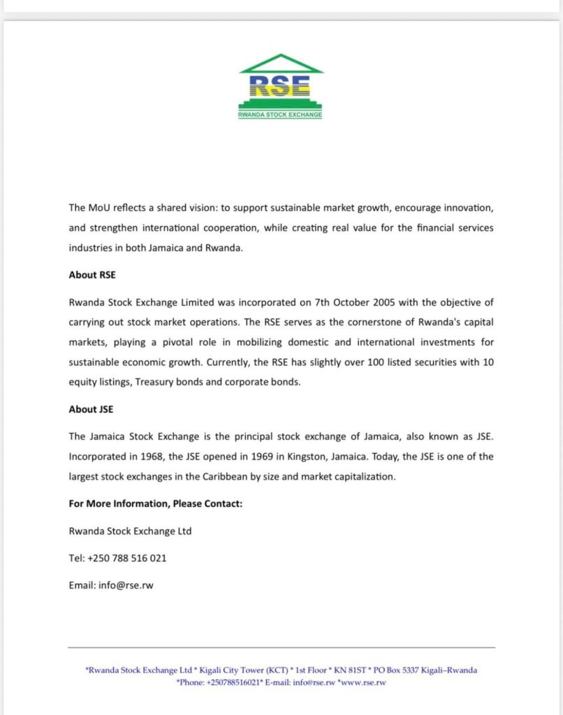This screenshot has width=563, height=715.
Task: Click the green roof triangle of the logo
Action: click(x=281, y=64)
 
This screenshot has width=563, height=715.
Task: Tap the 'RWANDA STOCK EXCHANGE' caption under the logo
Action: click(x=281, y=115)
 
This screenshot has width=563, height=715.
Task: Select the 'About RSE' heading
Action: click(x=92, y=275)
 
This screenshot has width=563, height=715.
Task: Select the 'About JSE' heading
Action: click(x=92, y=410)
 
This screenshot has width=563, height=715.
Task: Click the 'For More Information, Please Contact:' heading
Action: click(x=156, y=503)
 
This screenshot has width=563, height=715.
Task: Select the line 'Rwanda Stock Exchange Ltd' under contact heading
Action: click(x=130, y=531)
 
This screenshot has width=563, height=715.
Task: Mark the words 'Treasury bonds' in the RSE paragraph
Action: click(x=168, y=383)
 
